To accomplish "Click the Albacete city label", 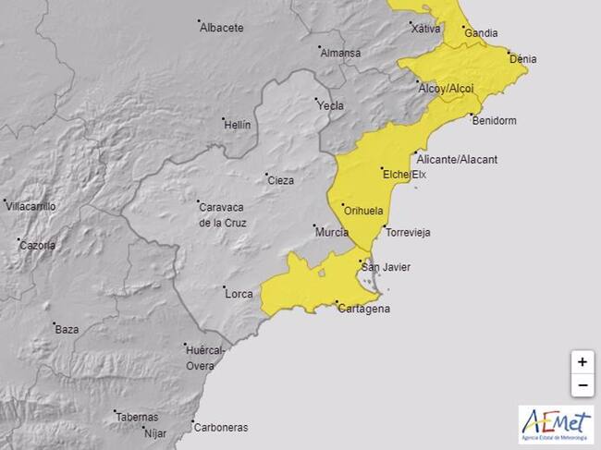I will click(x=222, y=28).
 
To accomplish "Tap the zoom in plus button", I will click(x=582, y=361).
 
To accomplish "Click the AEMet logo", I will click(x=555, y=425).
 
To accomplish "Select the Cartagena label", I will click(x=362, y=309).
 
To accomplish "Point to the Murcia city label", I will click(x=331, y=232).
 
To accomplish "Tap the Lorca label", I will click(x=239, y=294).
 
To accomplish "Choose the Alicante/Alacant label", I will click(x=458, y=159).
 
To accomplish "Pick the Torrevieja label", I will click(x=407, y=233).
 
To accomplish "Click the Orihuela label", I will click(x=362, y=212).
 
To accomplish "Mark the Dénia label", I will click(x=522, y=60).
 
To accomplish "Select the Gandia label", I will click(x=481, y=33).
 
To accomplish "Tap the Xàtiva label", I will click(x=425, y=28).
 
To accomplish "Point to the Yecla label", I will click(x=330, y=105).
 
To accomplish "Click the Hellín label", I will click(x=237, y=125).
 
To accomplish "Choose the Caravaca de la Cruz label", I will click(x=220, y=214).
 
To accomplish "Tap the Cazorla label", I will click(x=38, y=246).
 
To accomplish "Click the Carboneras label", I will click(x=219, y=427).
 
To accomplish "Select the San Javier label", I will click(x=385, y=268).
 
